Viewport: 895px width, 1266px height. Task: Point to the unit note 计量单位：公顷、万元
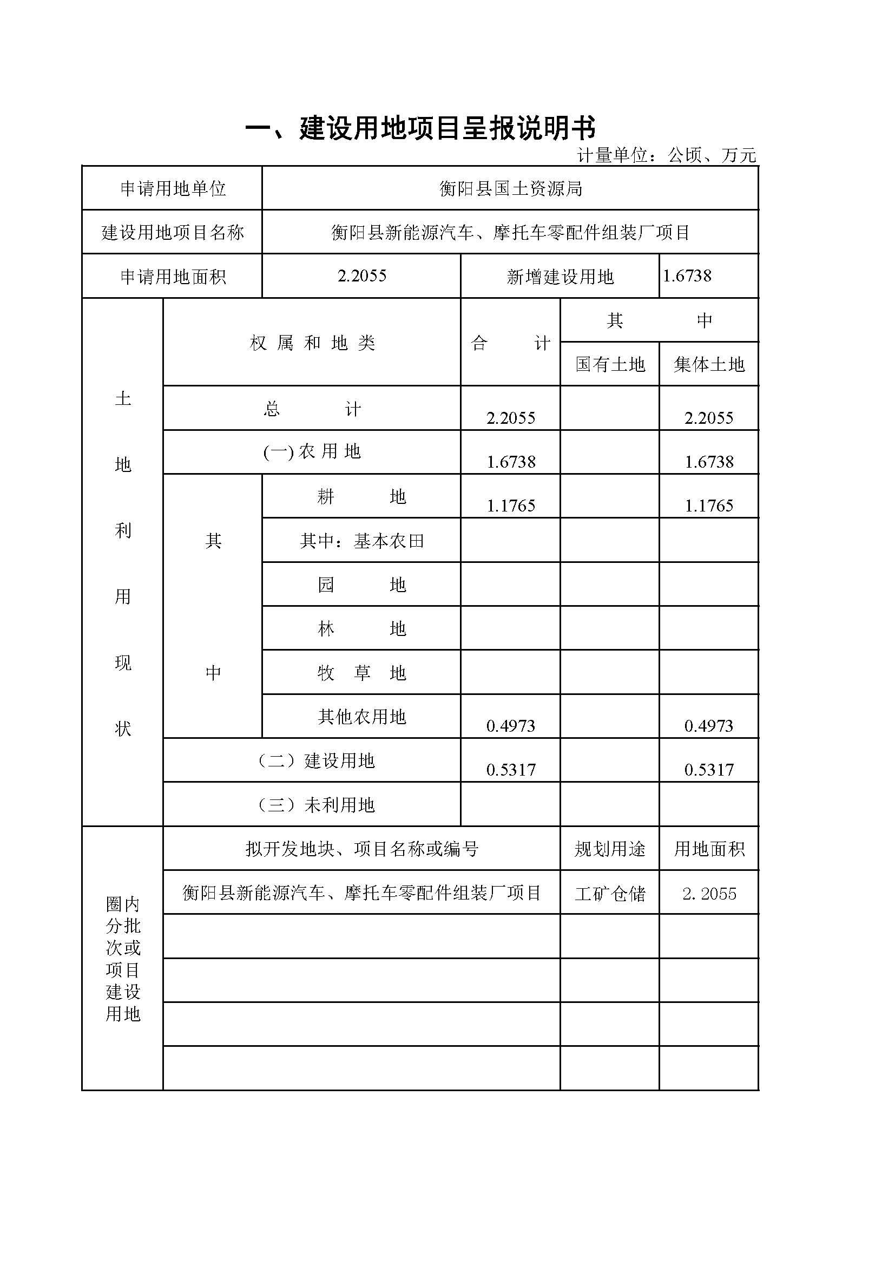[666, 156]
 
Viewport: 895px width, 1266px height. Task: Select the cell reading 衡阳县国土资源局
[510, 189]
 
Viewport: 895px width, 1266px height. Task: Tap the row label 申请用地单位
[173, 189]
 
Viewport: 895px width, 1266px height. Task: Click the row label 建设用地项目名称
[173, 233]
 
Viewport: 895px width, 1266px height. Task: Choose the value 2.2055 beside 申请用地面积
[361, 275]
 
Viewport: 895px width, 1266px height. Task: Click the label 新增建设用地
[560, 277]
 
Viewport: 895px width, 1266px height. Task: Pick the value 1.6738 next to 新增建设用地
[687, 275]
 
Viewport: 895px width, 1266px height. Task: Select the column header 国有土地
[609, 364]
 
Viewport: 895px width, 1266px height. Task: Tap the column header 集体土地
[709, 364]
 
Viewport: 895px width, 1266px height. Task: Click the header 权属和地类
[312, 344]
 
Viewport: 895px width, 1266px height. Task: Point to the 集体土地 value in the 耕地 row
[709, 506]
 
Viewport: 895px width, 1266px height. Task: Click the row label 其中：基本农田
[361, 541]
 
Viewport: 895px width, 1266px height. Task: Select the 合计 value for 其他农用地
[510, 726]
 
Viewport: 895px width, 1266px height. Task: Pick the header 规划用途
[609, 849]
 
